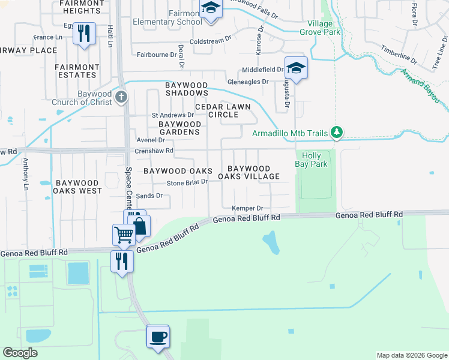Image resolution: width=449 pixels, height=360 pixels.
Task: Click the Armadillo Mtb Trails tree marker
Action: tap(337, 133)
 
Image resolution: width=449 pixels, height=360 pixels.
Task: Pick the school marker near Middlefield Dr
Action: tap(296, 67)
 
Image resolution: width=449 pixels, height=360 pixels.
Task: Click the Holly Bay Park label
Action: tap(312, 160)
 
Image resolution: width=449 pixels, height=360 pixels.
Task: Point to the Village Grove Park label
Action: tap(320, 28)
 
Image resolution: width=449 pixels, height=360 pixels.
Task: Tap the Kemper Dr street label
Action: tap(248, 208)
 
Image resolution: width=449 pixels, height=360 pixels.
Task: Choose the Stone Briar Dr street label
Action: tap(187, 182)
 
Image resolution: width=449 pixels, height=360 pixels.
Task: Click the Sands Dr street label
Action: tap(149, 196)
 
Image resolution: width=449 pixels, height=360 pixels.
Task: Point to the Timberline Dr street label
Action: tap(402, 53)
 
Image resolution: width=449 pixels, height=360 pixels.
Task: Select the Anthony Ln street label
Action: tap(26, 170)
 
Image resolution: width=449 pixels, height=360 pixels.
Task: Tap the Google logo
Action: tap(20, 352)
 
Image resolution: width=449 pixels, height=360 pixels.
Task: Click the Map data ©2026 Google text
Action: tap(411, 355)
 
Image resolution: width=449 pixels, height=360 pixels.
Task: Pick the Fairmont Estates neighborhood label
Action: tap(76, 71)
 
